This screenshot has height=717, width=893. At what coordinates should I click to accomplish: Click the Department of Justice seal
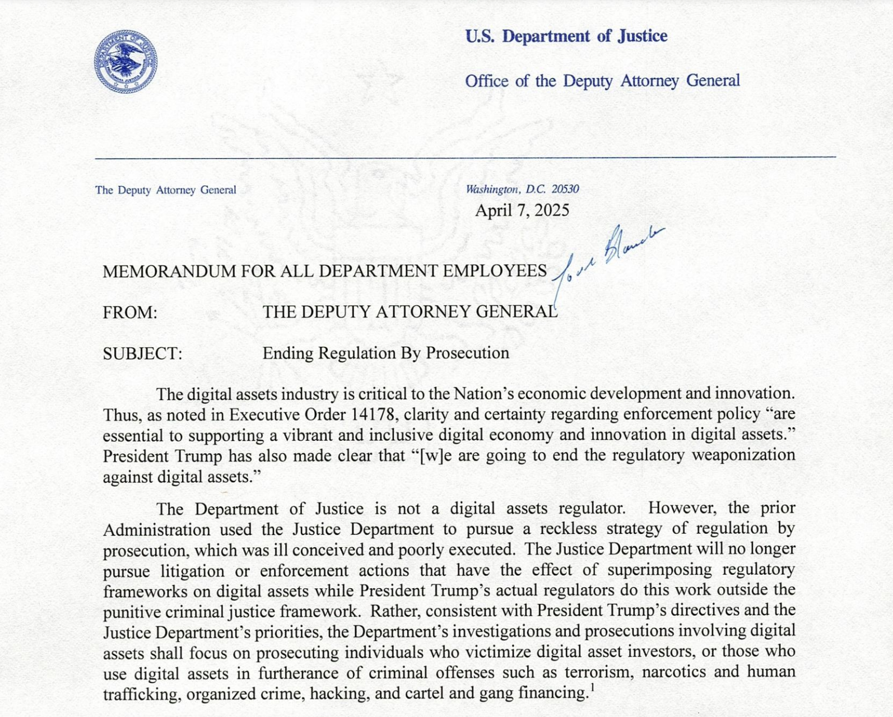[125, 62]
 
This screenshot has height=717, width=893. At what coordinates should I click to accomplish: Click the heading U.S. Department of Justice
[566, 36]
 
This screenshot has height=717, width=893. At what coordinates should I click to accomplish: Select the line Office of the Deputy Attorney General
[602, 81]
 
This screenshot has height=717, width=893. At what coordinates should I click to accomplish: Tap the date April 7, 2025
[522, 211]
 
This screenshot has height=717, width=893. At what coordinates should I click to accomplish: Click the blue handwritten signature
[608, 258]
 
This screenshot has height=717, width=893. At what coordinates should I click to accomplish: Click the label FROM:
[130, 313]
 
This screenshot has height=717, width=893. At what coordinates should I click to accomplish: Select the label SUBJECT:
[142, 354]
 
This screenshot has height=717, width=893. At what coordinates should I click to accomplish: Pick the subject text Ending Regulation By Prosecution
[385, 353]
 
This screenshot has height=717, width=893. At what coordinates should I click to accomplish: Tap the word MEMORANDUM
[169, 272]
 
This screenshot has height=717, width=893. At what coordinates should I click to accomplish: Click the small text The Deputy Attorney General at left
[165, 190]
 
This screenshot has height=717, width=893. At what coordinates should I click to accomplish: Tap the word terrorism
[598, 672]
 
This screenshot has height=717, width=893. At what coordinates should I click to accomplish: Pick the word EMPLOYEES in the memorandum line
[495, 271]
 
